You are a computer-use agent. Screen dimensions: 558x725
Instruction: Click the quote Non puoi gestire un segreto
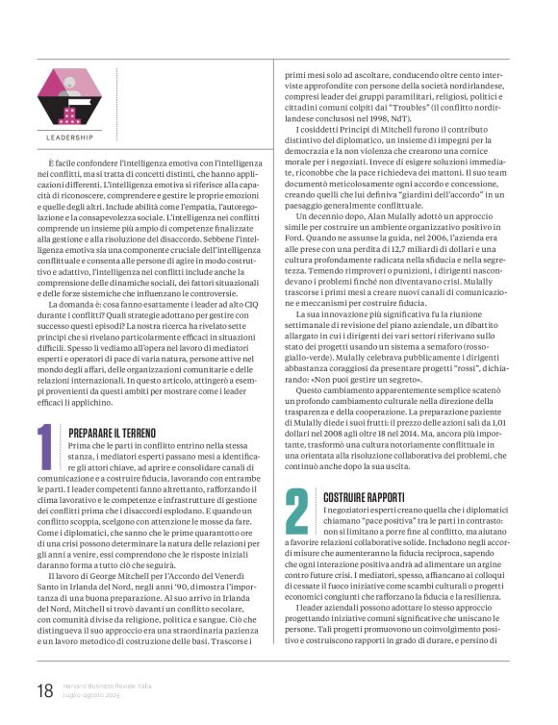tap(369, 378)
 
